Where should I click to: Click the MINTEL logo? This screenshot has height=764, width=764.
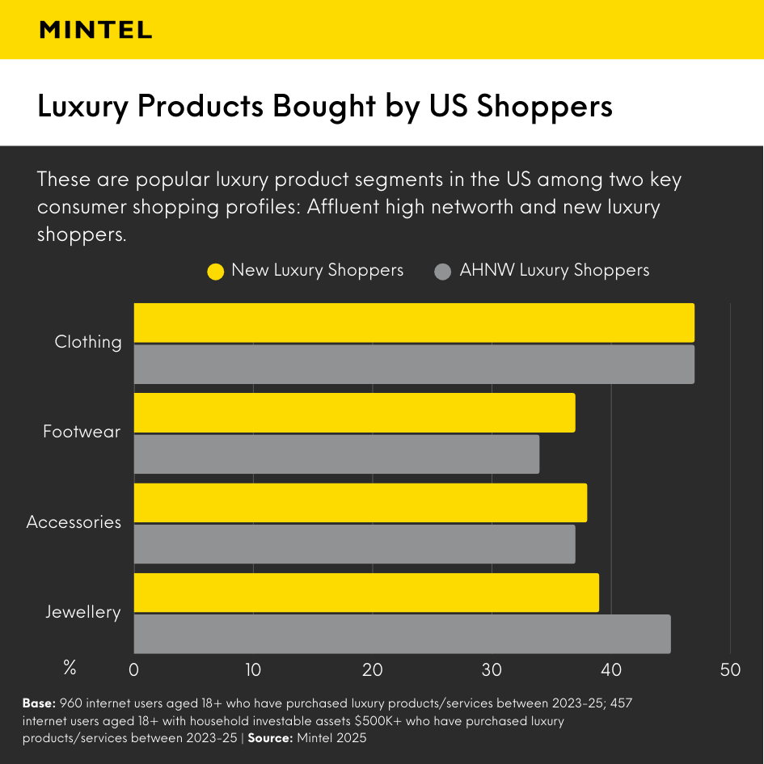tap(95, 30)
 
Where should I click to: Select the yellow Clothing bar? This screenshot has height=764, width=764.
tap(413, 323)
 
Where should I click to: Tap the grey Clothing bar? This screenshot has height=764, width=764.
tap(413, 364)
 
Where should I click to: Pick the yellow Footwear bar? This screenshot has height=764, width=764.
tap(354, 412)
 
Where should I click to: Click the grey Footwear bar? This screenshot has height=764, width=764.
tap(336, 454)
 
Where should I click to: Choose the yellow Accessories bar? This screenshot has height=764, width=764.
tap(360, 503)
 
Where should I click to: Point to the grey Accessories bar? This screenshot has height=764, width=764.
tap(354, 544)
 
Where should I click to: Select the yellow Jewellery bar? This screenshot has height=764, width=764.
tap(365, 593)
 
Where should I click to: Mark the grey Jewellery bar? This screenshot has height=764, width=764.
tap(402, 634)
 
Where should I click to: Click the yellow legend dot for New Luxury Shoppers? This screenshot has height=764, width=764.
tap(215, 272)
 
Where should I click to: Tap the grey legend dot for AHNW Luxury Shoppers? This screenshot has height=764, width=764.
tap(442, 272)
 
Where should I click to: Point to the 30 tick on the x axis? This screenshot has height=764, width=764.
tap(492, 669)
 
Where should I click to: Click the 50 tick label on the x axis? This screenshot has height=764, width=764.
tap(730, 669)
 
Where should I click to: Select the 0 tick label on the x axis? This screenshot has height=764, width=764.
tap(134, 669)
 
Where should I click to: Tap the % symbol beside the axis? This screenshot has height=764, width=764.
tap(70, 669)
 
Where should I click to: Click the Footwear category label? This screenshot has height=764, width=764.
tap(82, 432)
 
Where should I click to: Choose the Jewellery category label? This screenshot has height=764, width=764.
tap(82, 612)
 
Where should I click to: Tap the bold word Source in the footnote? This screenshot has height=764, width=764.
tap(270, 738)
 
